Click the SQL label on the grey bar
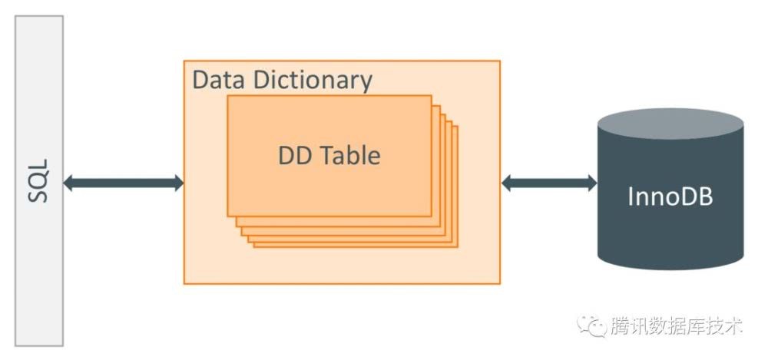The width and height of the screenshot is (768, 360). point(38,181)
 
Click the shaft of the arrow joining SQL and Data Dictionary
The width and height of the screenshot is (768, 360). point(123,183)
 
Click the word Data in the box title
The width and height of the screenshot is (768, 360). point(216,80)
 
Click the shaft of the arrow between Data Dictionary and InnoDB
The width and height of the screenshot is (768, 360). point(549,183)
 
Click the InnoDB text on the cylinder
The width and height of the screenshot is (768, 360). point(670,197)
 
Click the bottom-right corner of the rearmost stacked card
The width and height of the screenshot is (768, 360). point(457,246)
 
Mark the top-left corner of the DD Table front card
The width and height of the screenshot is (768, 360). point(228,97)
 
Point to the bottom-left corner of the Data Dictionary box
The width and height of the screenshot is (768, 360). point(184,283)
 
